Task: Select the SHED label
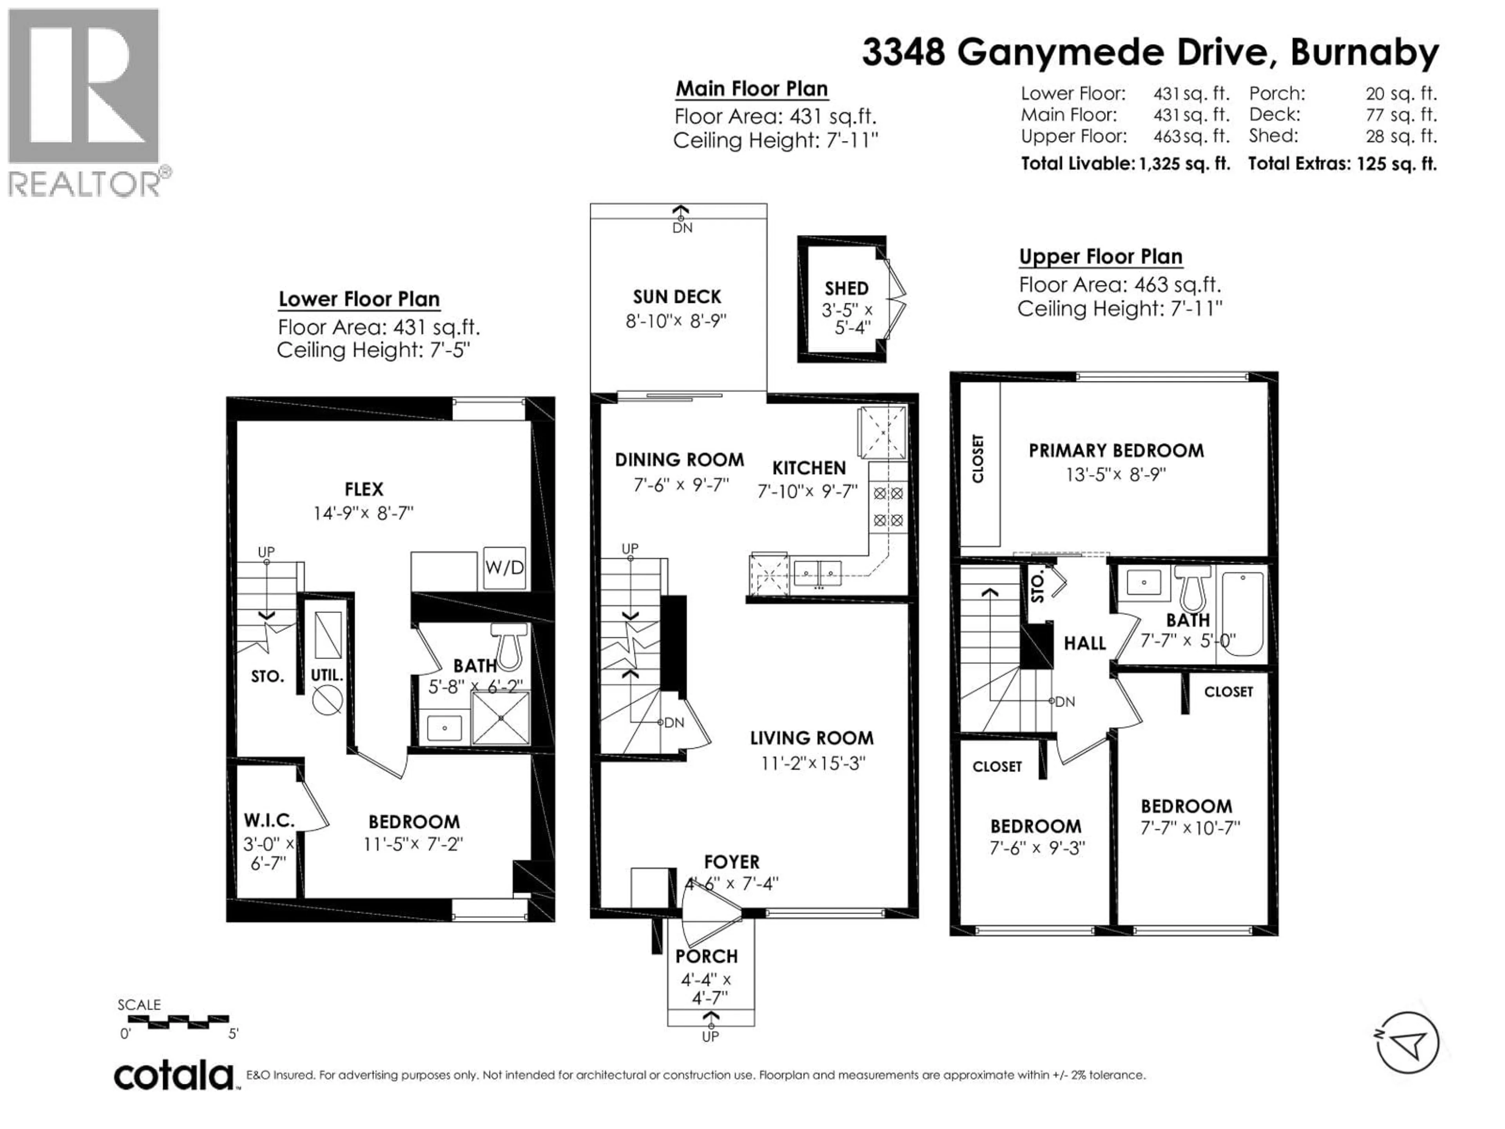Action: click(x=847, y=289)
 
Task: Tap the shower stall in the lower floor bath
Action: click(x=500, y=717)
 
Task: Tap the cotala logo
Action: click(x=174, y=1076)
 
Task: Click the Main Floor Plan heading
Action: click(x=751, y=89)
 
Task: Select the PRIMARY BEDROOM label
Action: click(x=1116, y=450)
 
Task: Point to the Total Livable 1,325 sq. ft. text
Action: click(x=1125, y=164)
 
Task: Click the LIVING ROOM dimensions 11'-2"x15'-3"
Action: click(x=812, y=763)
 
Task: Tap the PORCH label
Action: click(x=706, y=956)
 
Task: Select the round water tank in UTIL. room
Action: click(x=326, y=700)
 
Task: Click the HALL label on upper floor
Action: click(x=1084, y=643)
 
